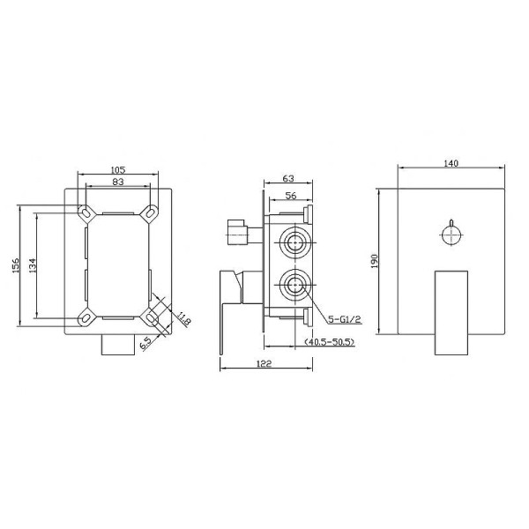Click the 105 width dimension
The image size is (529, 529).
pyautogui.click(x=118, y=169)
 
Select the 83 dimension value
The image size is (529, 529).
pyautogui.click(x=118, y=182)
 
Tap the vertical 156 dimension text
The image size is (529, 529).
pyautogui.click(x=16, y=265)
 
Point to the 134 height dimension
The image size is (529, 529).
pyautogui.click(x=32, y=265)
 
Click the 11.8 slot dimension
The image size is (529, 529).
pyautogui.click(x=183, y=318)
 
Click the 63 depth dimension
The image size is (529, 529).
pyautogui.click(x=288, y=178)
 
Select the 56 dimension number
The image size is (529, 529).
pyautogui.click(x=291, y=196)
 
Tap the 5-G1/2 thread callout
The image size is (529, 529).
pyautogui.click(x=345, y=319)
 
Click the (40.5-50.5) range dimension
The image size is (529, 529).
pyautogui.click(x=330, y=342)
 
